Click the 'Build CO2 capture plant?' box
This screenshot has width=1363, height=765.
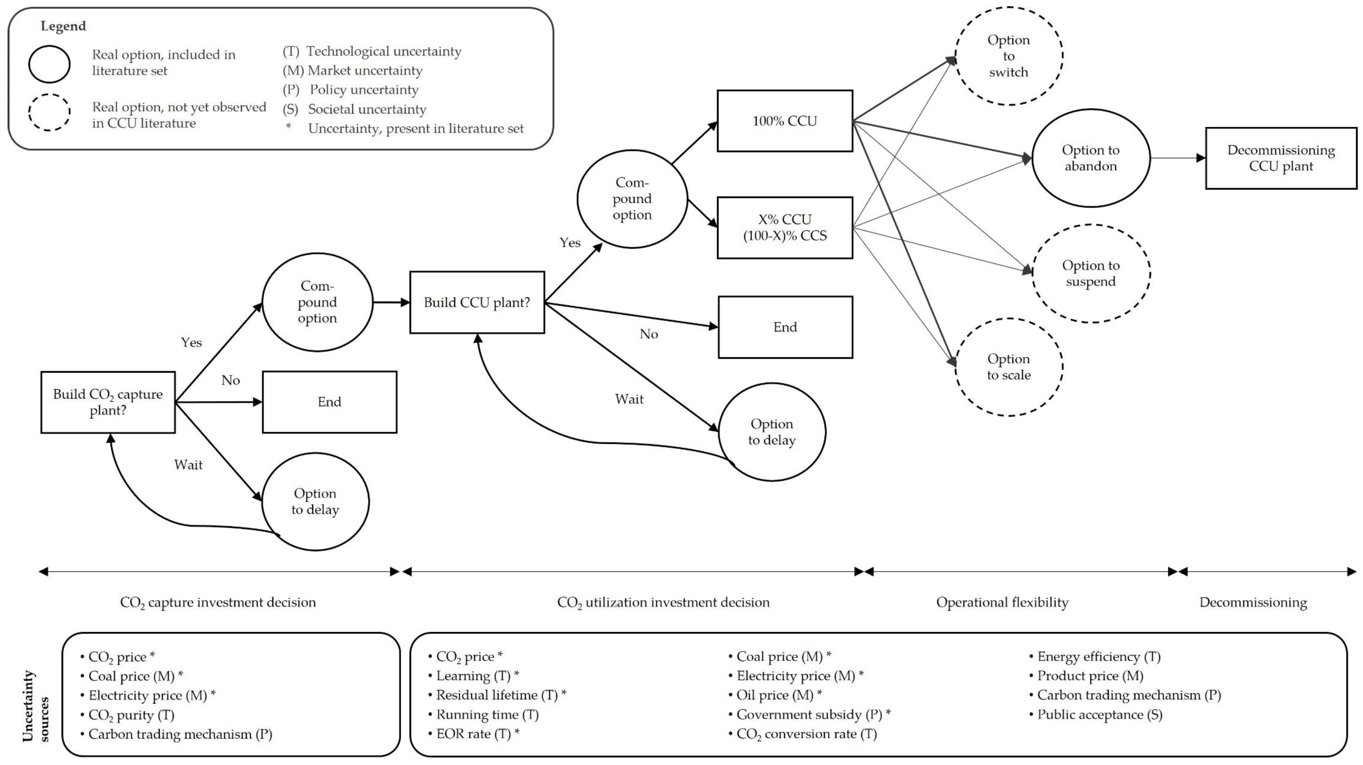pyautogui.click(x=108, y=402)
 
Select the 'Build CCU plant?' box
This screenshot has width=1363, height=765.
pyautogui.click(x=477, y=302)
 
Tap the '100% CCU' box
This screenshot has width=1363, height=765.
pyautogui.click(x=785, y=121)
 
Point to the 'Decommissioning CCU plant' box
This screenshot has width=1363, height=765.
pyautogui.click(x=1281, y=158)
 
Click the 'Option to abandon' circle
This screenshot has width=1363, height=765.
pyautogui.click(x=1090, y=158)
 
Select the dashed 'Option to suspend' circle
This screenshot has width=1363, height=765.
pyautogui.click(x=1090, y=273)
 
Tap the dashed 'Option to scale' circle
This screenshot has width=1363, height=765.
pyautogui.click(x=1008, y=367)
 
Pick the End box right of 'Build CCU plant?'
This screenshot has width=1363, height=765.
pyautogui.click(x=785, y=327)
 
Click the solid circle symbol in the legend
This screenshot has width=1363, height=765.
pyautogui.click(x=49, y=64)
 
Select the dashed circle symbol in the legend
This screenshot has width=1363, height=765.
pyautogui.click(x=49, y=112)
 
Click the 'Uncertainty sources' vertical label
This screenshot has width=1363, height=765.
pyautogui.click(x=35, y=706)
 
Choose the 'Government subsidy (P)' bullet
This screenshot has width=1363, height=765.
pyautogui.click(x=808, y=715)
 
